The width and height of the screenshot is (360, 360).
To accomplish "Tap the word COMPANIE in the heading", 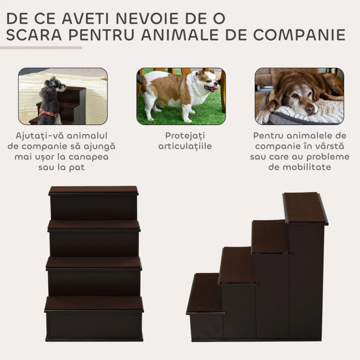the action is click(299, 35).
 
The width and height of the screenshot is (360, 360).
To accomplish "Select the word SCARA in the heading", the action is click(34, 35).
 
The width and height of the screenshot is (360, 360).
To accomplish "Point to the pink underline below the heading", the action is click(41, 48).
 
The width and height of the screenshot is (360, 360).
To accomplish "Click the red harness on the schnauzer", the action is click(48, 113).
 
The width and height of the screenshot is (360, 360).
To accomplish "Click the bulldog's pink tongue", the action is click(215, 89).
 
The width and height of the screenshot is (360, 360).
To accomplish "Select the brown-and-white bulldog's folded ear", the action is click(200, 73).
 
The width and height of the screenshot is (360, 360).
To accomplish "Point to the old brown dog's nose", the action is click(310, 110).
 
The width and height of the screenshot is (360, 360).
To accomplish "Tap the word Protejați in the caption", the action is click(185, 136).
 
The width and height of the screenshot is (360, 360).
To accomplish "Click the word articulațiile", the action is click(185, 146).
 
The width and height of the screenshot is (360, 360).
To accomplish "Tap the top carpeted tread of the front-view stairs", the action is click(94, 190).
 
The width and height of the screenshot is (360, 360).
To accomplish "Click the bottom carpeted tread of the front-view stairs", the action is click(94, 303).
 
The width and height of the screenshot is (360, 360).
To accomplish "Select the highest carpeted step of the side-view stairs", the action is click(305, 207).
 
